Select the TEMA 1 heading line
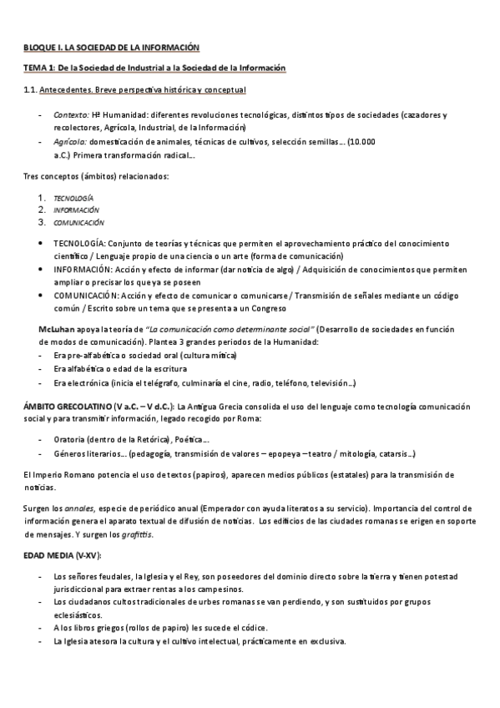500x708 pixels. [154, 68]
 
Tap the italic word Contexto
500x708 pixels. [71, 114]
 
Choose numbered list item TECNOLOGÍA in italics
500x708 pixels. [74, 198]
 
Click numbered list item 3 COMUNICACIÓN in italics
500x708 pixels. [79, 223]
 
